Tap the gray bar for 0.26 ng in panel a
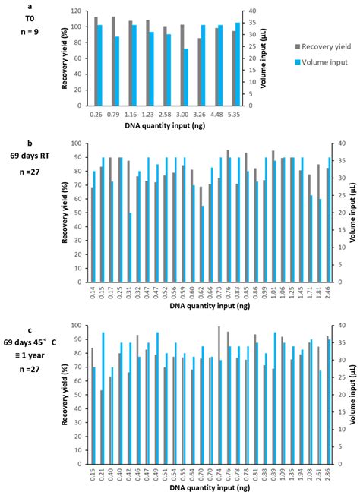coord(95,61)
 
